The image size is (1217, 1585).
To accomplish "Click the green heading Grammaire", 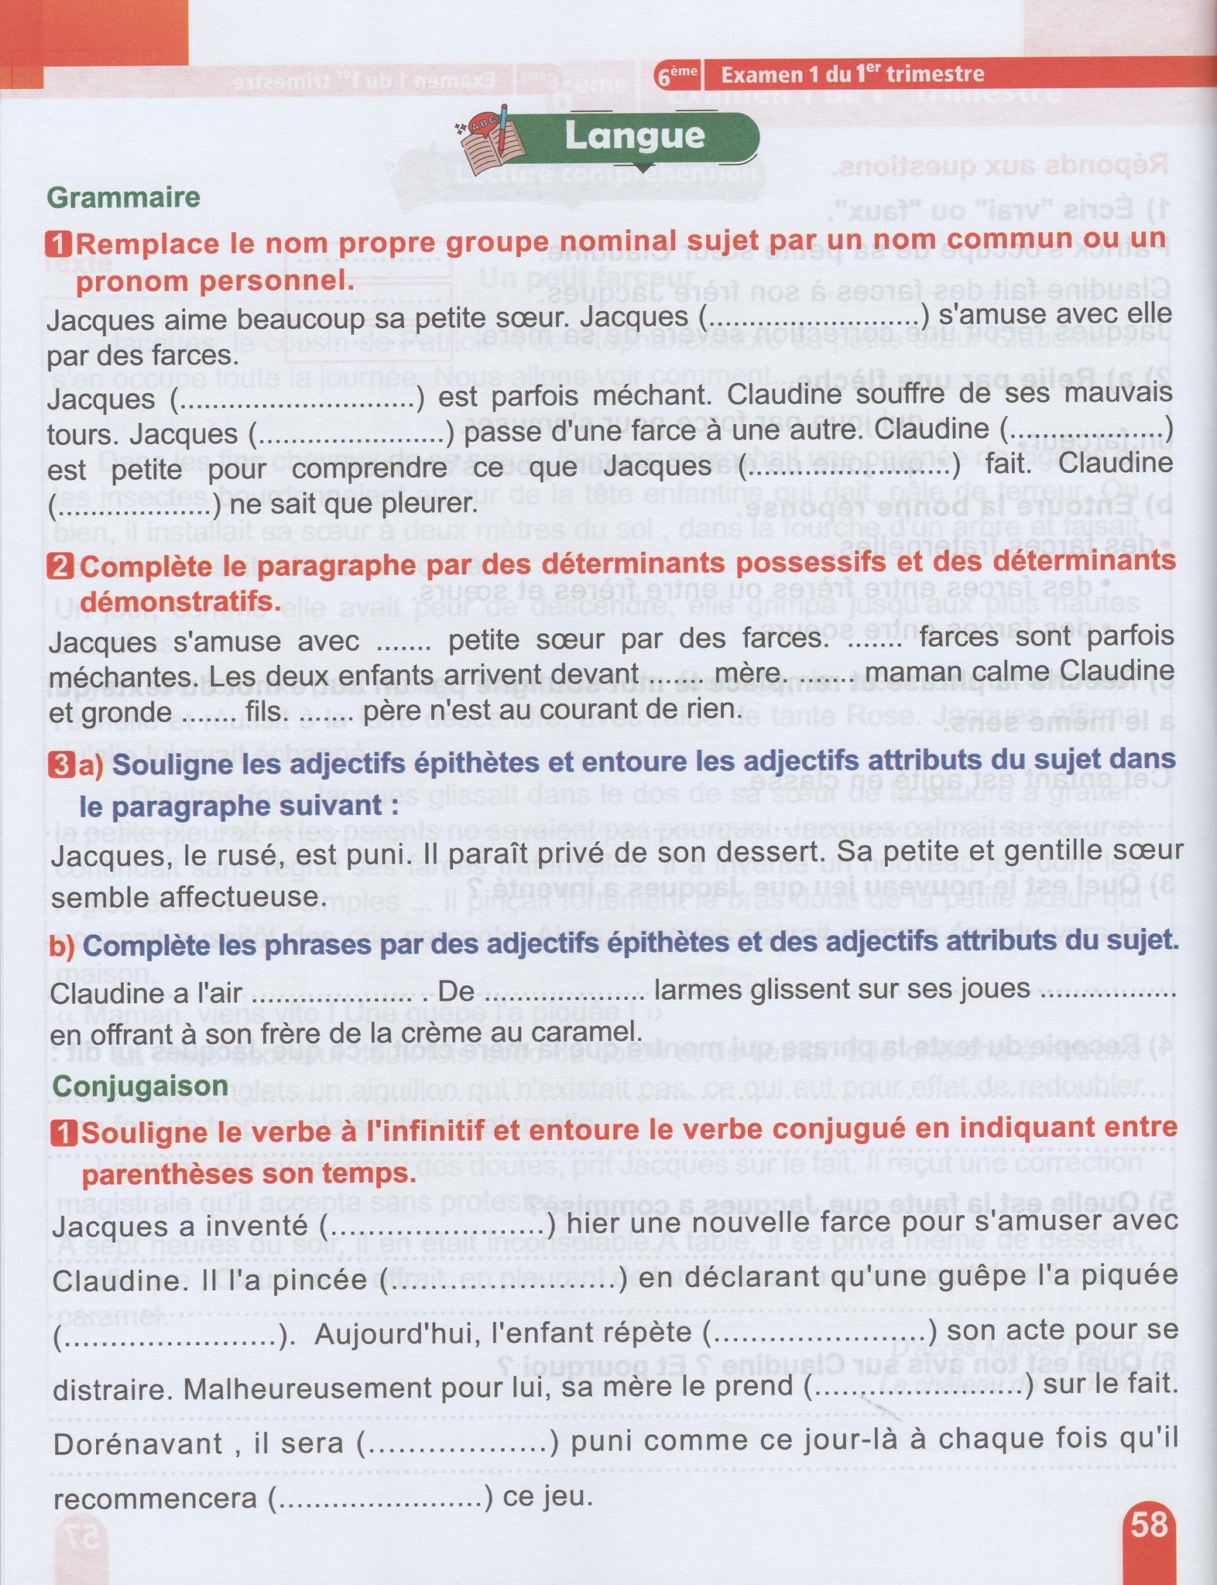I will coord(124,197).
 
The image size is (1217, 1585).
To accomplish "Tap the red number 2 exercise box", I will coord(61,567).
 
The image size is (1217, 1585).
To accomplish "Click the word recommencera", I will coord(155,1498).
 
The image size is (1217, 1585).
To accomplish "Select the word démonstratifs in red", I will coord(181,601).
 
